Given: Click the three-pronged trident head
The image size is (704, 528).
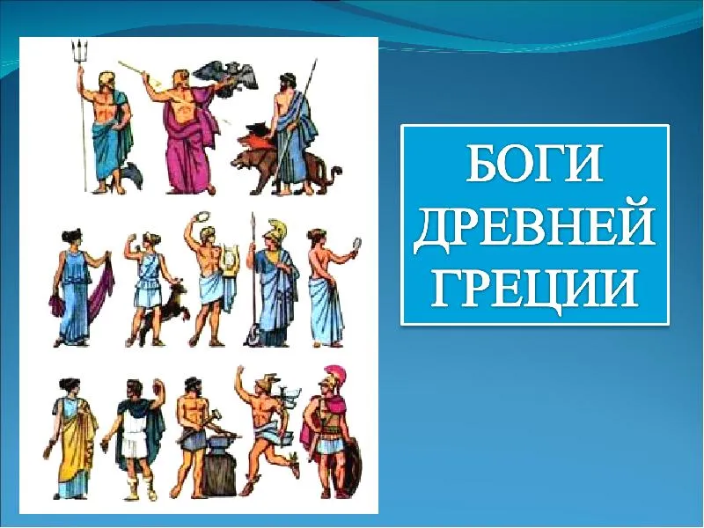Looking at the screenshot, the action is coord(79,52).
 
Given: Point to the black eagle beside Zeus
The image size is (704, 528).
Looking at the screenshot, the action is coord(229,73).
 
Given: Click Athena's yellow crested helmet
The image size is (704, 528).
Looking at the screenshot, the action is coord(278,231).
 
